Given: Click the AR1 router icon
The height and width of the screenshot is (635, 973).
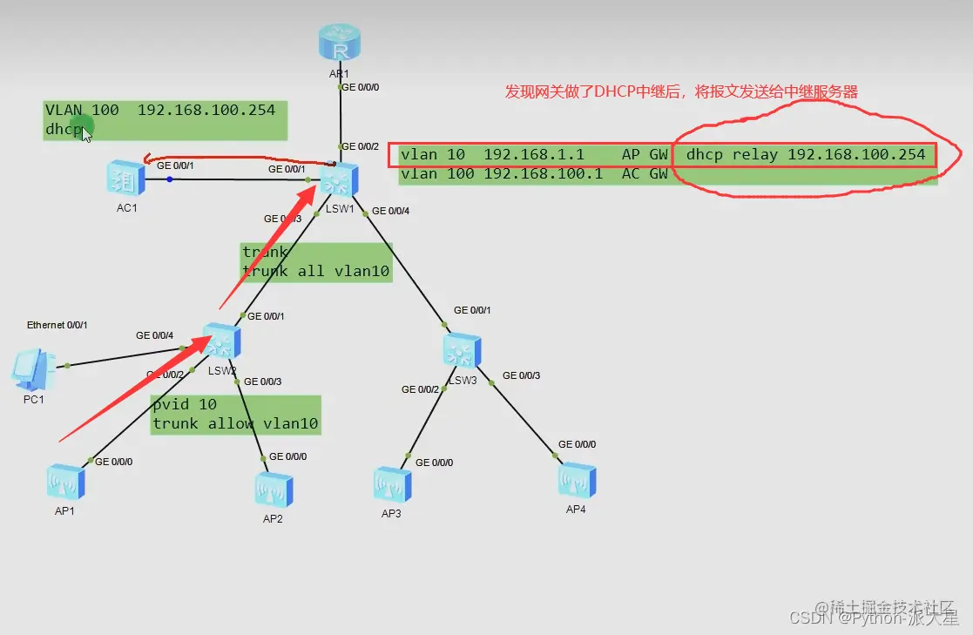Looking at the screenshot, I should [340, 44].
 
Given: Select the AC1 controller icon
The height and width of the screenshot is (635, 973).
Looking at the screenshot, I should [125, 178].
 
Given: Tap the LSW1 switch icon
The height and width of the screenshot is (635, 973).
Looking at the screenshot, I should [336, 180].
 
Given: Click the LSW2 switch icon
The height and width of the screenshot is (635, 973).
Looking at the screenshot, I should [221, 341].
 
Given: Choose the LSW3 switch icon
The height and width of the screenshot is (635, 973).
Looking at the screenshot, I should [461, 349].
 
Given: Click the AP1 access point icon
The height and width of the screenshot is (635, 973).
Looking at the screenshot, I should [65, 482].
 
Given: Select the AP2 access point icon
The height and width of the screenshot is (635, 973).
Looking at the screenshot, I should [274, 490].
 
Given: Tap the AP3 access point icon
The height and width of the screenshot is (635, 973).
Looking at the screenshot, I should [391, 484].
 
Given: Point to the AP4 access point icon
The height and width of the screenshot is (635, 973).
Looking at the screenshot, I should [577, 480].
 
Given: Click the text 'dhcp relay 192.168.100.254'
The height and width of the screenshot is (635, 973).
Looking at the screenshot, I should [806, 155].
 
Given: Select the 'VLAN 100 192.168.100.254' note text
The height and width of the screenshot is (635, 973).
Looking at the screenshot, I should [160, 110].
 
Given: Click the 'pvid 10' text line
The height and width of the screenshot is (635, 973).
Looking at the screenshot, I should [185, 405].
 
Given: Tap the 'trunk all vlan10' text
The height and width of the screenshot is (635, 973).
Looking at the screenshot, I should [315, 271].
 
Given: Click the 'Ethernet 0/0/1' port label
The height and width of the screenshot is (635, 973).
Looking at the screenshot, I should [57, 325].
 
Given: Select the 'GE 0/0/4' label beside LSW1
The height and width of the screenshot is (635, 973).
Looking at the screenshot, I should [390, 211].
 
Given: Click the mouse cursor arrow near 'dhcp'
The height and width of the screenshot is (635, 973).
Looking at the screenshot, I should [86, 136].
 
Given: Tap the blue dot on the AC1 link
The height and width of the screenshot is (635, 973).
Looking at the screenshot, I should [169, 179].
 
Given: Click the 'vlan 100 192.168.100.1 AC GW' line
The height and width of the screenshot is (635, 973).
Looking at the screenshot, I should [534, 173].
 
